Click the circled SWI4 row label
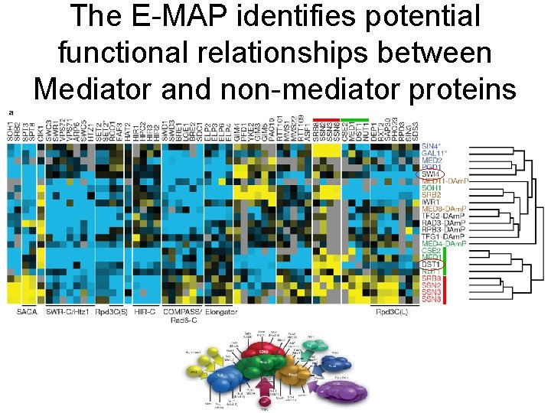[431, 174]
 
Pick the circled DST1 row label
[431, 264]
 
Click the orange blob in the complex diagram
[294, 375]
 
